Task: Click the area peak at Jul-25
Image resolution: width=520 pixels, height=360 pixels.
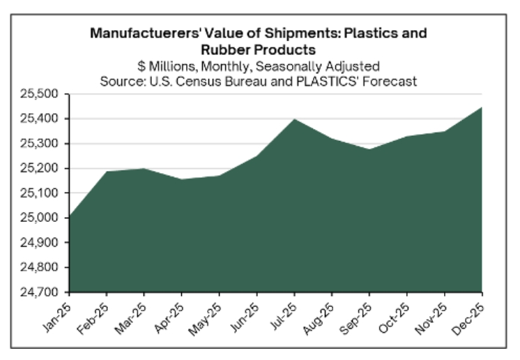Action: [x=294, y=119]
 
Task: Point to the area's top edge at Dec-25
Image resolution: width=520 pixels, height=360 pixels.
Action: [x=482, y=107]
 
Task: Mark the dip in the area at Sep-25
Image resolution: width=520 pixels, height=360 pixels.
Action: [x=369, y=149]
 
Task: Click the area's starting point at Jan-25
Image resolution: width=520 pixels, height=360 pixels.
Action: [x=70, y=216]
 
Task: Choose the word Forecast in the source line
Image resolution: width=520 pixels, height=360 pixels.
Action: [x=392, y=82]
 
